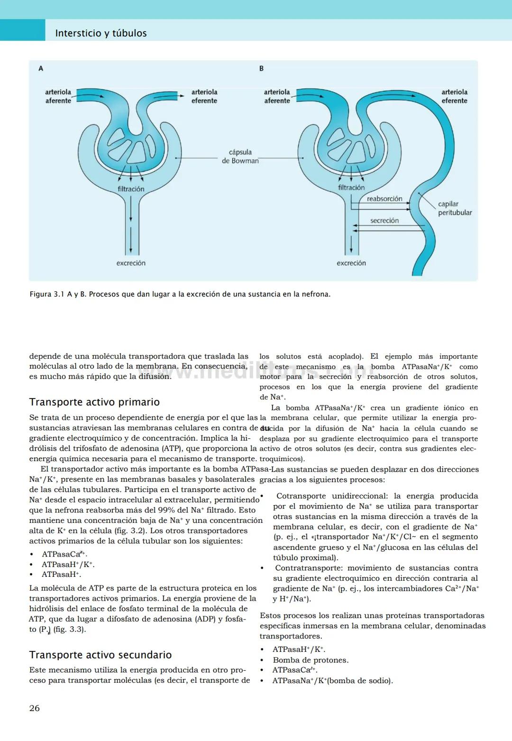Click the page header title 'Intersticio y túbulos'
point(101,33)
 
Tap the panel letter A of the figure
point(41,69)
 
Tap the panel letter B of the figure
point(261,69)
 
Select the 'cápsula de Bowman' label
point(240,157)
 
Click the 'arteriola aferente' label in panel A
point(58,96)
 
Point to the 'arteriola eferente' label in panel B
point(454,96)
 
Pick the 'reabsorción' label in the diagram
point(384,199)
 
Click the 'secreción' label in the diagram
point(384,221)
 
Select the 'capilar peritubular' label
point(455,208)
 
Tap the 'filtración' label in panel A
point(131,189)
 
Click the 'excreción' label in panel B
point(351,263)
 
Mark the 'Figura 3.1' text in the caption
point(47,294)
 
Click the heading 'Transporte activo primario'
point(94,402)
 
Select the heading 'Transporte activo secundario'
point(100,655)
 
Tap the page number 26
point(35,708)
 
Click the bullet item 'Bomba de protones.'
point(311,660)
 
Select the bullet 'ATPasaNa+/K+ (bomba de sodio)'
point(332,681)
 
